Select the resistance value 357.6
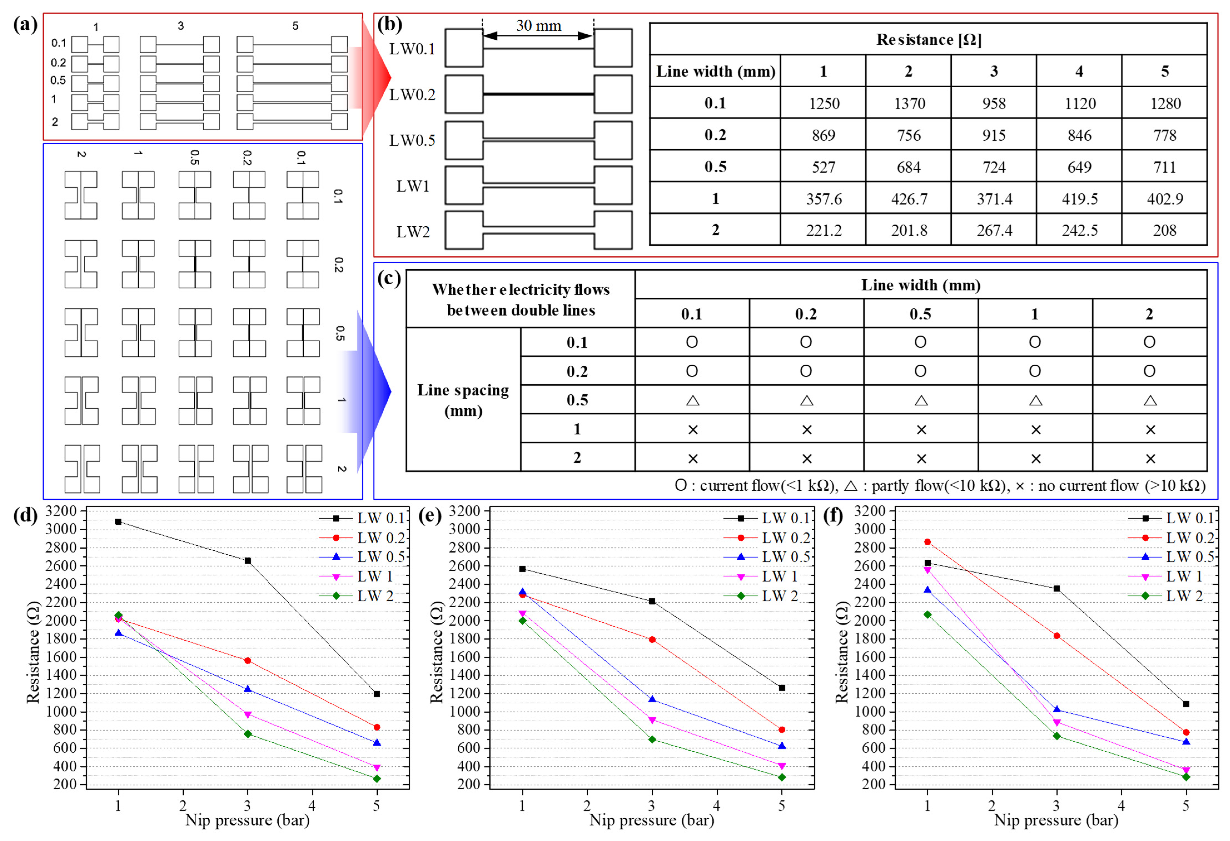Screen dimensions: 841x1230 (823, 199)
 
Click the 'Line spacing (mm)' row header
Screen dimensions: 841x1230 (463, 400)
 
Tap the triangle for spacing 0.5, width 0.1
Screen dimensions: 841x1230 (692, 400)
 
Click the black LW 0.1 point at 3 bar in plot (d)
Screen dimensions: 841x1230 (248, 561)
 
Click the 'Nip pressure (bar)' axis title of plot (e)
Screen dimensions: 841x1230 (651, 820)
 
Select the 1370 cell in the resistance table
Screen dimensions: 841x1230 (909, 103)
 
